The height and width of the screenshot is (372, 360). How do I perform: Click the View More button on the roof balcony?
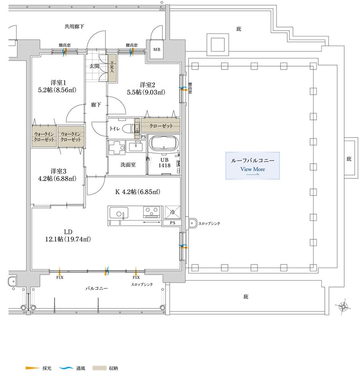coord(252,165)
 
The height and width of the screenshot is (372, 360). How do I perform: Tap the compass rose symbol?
coord(343,307)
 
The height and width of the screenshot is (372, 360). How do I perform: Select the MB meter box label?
coord(157,50)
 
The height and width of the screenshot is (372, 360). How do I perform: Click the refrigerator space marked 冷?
coord(173,212)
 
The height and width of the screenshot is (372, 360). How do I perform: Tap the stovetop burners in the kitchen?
coord(152,212)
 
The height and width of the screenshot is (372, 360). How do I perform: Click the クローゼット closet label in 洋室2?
coord(161,126)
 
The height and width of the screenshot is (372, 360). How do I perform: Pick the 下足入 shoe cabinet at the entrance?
coord(112,68)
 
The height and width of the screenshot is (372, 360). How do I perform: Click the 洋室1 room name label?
coord(58,83)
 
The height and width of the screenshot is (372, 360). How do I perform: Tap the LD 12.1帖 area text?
coord(68,236)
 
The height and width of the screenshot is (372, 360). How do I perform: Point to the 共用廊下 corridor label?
coord(74,26)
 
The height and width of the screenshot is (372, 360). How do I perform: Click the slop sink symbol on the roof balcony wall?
coord(192,223)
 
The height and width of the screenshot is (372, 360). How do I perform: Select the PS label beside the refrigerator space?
coord(173,223)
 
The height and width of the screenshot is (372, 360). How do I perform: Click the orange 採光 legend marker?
coord(32,368)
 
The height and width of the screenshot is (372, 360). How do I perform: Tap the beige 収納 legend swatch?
coord(99,368)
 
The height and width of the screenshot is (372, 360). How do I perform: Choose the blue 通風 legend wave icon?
coord(66,368)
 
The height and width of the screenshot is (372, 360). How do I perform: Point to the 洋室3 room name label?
coord(58,171)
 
